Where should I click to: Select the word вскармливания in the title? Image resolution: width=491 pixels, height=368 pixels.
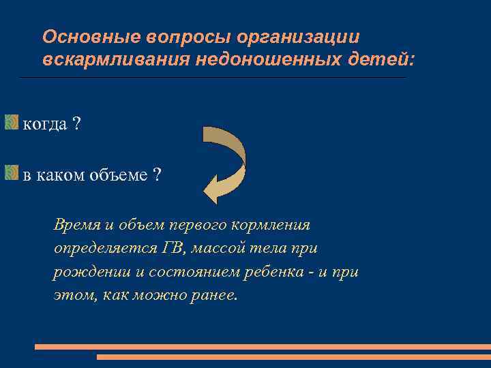point(116,60)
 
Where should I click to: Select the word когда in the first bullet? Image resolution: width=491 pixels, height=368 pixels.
point(45,124)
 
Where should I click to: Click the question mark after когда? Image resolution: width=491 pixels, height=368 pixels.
point(76,124)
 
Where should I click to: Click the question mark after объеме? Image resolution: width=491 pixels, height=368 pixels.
point(157,175)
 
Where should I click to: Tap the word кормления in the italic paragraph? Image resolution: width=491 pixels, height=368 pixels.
point(276,225)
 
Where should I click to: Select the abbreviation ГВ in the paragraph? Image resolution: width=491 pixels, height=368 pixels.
point(172,249)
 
